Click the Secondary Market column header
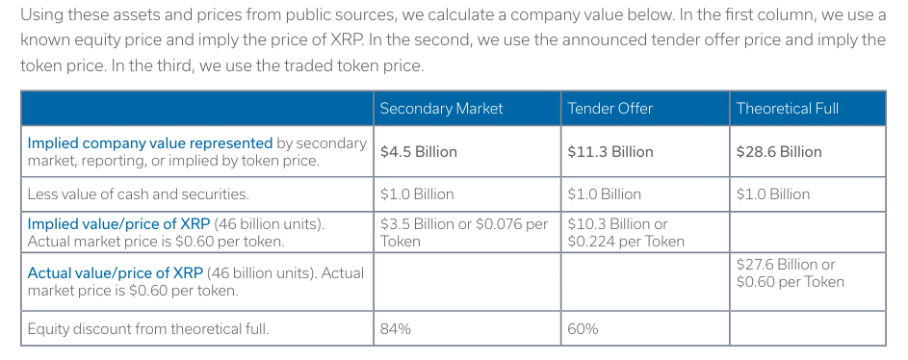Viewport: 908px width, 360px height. (x=441, y=108)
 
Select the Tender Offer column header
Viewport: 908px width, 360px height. (x=610, y=108)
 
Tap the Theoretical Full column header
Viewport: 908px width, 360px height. (x=787, y=108)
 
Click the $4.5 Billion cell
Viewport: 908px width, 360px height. (x=419, y=151)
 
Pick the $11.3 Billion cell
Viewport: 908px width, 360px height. (x=610, y=151)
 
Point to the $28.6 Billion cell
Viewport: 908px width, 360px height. (x=779, y=151)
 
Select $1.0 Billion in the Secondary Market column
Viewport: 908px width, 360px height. (x=417, y=193)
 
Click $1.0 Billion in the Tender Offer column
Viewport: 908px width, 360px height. (x=605, y=193)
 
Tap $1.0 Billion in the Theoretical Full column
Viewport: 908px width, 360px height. (x=773, y=193)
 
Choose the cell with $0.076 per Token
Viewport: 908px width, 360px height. (x=464, y=232)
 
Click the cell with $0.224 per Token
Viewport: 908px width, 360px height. (x=626, y=232)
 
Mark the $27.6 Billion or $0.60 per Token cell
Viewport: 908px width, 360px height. (x=790, y=272)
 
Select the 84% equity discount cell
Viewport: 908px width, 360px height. (x=396, y=328)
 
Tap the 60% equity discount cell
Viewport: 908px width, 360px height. (x=584, y=328)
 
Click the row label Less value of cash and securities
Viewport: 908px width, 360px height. (x=138, y=193)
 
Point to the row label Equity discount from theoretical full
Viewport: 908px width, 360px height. (x=147, y=328)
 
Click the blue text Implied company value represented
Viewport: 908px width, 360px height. (x=150, y=142)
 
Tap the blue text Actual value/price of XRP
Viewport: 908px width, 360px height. (x=116, y=273)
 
